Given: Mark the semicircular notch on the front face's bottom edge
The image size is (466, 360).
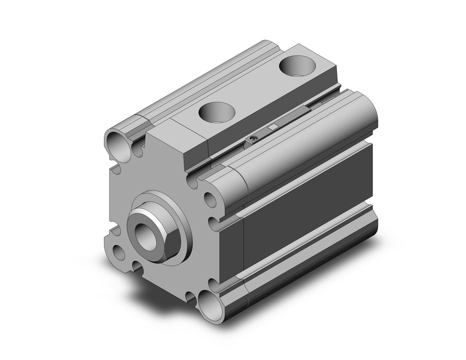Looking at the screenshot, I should coord(137,266).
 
